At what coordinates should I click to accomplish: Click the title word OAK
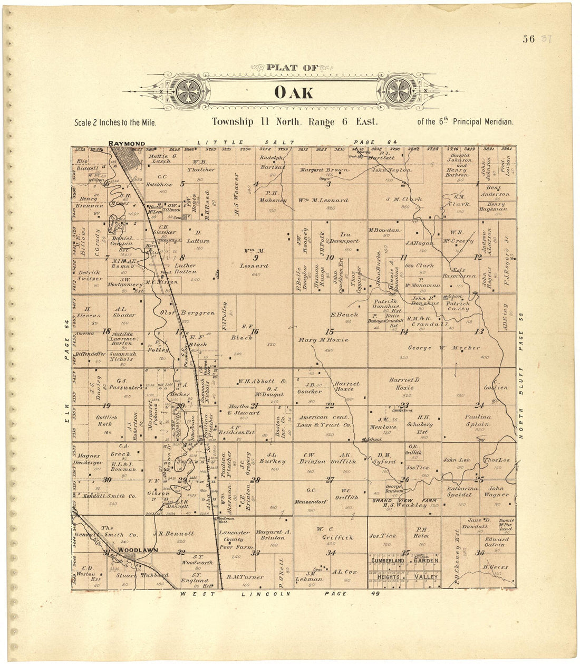point(293,93)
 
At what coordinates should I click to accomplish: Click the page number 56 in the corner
point(529,39)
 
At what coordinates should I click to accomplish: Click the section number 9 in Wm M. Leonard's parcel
point(255,258)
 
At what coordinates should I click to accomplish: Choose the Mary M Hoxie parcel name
point(323,340)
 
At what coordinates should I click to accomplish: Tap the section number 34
point(331,553)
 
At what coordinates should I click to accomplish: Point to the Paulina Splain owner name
point(477,420)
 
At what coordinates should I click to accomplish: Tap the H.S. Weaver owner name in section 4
point(237,194)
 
